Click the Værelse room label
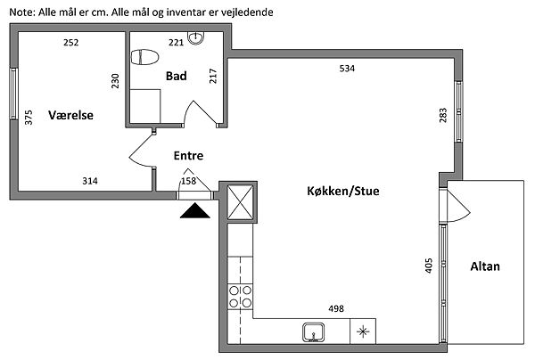pyautogui.click(x=71, y=116)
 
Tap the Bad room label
pyautogui.click(x=176, y=77)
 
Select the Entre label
pyautogui.click(x=188, y=155)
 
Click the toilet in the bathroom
pyautogui.click(x=144, y=57)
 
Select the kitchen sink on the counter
pyautogui.click(x=314, y=332)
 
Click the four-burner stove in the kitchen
pyautogui.click(x=240, y=296)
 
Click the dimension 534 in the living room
pyautogui.click(x=345, y=69)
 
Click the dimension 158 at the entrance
pyautogui.click(x=188, y=181)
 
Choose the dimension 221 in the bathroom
pyautogui.click(x=176, y=42)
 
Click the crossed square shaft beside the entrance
pyautogui.click(x=241, y=202)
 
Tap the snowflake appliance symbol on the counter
pyautogui.click(x=362, y=332)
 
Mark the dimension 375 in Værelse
pyautogui.click(x=29, y=117)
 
